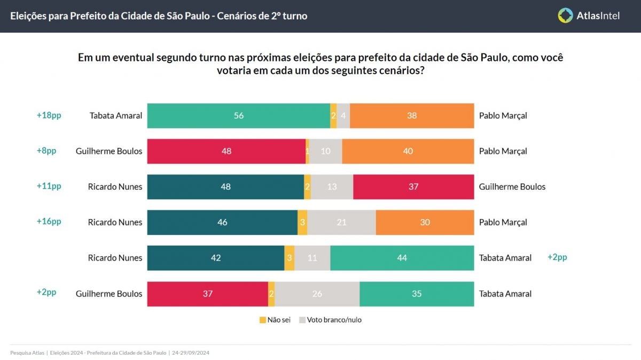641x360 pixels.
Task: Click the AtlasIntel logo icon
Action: tap(565, 15)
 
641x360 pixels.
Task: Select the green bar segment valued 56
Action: tap(238, 115)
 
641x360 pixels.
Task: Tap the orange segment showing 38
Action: tap(411, 115)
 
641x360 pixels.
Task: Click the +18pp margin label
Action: tap(49, 115)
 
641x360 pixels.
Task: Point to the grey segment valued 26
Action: tap(317, 293)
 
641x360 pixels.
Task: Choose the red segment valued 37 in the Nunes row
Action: tap(413, 186)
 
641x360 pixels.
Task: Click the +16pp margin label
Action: tap(49, 222)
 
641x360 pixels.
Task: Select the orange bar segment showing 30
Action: tap(425, 222)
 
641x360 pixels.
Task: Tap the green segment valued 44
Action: tap(402, 258)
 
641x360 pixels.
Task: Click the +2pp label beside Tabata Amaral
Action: tap(557, 257)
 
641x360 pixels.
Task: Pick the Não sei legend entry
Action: tap(275, 320)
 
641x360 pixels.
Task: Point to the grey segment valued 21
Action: tap(341, 222)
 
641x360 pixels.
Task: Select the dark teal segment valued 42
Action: tap(215, 258)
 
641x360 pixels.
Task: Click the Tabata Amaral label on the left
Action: tap(116, 115)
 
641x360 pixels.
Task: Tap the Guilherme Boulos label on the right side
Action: tap(512, 186)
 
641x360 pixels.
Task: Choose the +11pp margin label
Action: tap(49, 186)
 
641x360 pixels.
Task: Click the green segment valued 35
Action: tap(417, 293)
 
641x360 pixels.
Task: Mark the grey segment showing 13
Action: tap(332, 186)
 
